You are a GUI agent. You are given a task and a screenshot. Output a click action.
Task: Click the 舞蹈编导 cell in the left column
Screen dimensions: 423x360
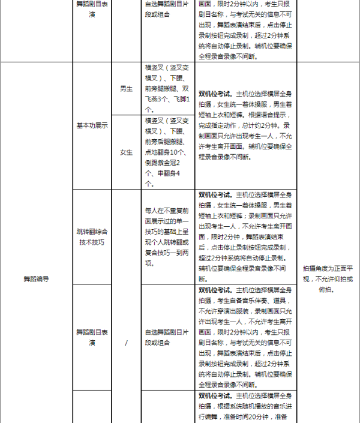[x=36, y=278]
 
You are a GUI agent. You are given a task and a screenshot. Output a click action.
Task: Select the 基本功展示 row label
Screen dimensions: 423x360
[x=92, y=125]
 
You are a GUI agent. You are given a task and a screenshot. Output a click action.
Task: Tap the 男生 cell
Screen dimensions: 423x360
[x=126, y=89]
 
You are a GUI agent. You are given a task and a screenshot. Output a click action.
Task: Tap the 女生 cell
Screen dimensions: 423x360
[x=126, y=152]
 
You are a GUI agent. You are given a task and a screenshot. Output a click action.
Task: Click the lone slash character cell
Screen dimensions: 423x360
[x=126, y=343]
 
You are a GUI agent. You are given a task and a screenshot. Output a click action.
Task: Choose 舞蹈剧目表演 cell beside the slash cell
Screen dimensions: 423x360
[x=92, y=337]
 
